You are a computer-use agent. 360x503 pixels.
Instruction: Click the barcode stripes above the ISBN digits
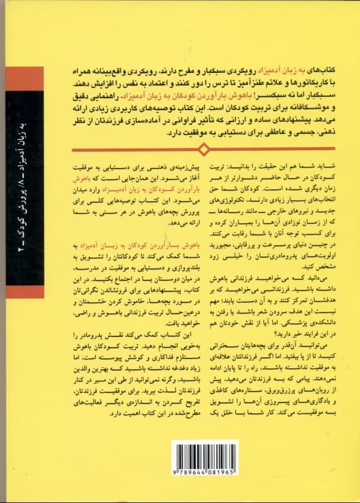point(204,461)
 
